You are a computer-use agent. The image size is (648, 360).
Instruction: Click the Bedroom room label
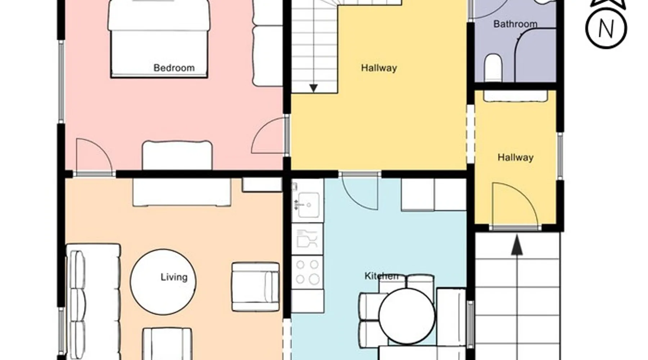pyautogui.click(x=174, y=68)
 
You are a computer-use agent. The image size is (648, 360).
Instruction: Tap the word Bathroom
pyautogui.click(x=515, y=24)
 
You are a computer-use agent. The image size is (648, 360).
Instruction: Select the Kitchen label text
pyautogui.click(x=381, y=276)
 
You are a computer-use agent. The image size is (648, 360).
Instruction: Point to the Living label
pyautogui.click(x=174, y=277)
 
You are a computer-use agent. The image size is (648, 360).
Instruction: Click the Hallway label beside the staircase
pyautogui.click(x=379, y=68)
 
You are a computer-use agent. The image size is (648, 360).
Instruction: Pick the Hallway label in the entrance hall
pyautogui.click(x=515, y=157)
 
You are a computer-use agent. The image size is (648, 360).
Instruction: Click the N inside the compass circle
pyautogui.click(x=606, y=29)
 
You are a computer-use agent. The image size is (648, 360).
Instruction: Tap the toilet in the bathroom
pyautogui.click(x=493, y=68)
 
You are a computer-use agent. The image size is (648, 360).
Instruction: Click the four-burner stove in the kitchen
pyautogui.click(x=307, y=272)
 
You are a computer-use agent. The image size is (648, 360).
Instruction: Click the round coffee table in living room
pyautogui.click(x=163, y=282)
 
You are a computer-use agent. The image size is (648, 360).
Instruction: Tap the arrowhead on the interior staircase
pyautogui.click(x=314, y=88)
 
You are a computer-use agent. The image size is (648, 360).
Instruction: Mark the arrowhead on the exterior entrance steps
pyautogui.click(x=517, y=246)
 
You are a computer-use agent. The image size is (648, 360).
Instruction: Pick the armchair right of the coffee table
pyautogui.click(x=255, y=287)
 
